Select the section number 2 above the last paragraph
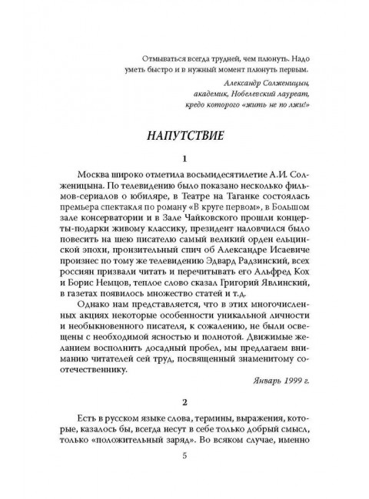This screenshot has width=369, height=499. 184,401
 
